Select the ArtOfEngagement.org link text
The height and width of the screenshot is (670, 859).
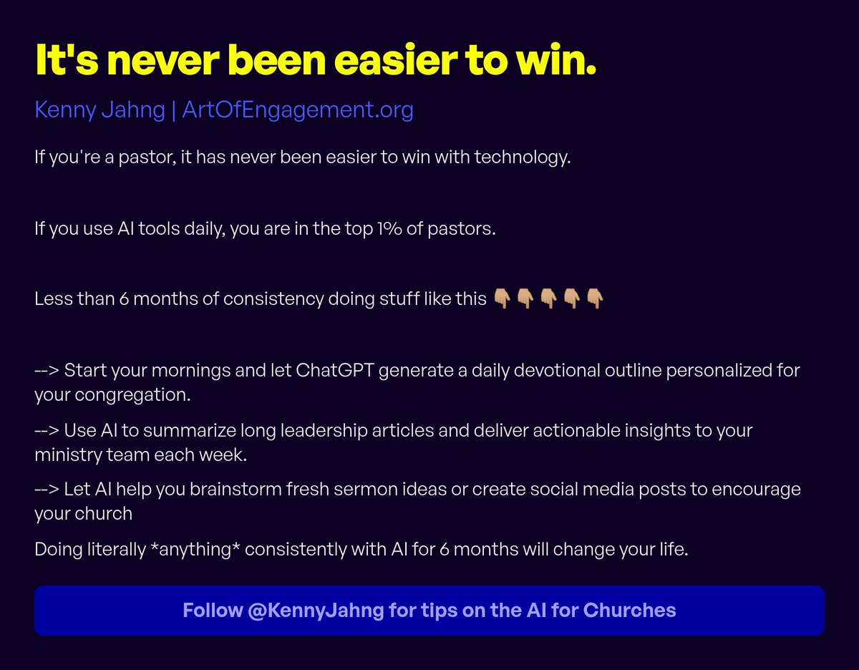pos(298,110)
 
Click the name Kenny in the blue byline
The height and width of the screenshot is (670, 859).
pos(60,110)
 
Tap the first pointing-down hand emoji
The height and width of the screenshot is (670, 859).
pos(503,298)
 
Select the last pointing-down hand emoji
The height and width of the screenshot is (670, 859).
pos(595,298)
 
